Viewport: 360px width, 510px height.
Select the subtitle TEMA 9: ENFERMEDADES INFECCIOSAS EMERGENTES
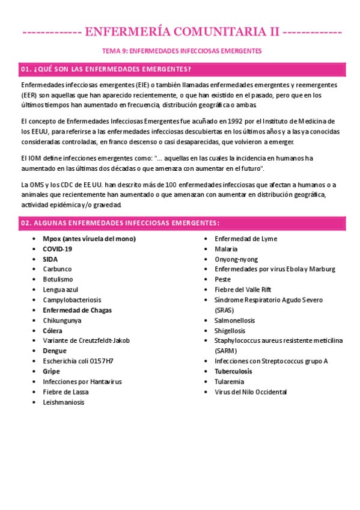180,51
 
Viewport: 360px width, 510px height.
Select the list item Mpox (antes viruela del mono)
89,239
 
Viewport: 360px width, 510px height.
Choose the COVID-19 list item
58,249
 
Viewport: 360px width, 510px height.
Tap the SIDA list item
50,259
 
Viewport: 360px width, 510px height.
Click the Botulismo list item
58,280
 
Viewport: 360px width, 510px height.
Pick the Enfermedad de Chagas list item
77,310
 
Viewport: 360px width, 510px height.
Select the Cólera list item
52,331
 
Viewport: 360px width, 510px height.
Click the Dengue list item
55,351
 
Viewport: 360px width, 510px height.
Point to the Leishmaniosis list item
64,402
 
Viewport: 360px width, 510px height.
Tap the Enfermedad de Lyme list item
246,239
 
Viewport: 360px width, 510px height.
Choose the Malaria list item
226,249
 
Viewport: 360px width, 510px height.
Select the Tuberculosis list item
233,372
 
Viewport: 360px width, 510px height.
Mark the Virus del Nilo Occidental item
251,392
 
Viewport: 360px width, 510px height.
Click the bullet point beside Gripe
34,372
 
